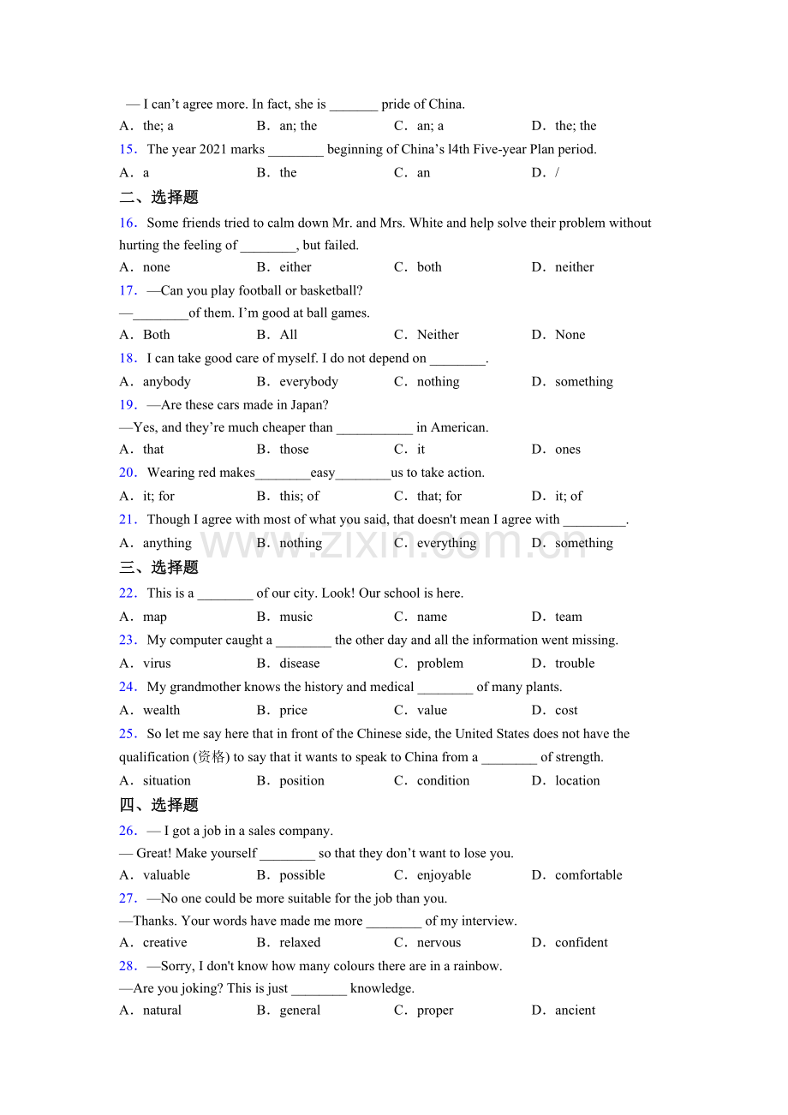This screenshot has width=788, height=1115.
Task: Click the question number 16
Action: coord(128,224)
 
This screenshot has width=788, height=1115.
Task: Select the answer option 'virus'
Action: coord(157,664)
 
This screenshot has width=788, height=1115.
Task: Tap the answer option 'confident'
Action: coord(581,943)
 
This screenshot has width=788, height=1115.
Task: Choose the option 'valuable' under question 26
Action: coord(166,875)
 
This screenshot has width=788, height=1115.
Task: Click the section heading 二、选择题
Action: coord(158,198)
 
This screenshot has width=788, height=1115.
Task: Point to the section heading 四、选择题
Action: coord(158,805)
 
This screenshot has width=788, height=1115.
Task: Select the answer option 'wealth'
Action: coord(161,711)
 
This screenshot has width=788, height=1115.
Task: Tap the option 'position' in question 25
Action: coord(301,781)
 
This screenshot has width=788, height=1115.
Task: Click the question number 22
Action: coord(128,593)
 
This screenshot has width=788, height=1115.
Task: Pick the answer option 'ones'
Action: coord(567,450)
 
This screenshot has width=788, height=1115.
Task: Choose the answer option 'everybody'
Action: coord(308,382)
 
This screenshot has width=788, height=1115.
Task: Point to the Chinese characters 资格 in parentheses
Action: coord(211,757)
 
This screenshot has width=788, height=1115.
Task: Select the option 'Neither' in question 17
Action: coord(438,335)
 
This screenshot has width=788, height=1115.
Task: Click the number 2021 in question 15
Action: coord(212,150)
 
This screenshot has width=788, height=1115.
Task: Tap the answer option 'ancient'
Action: coord(575,1011)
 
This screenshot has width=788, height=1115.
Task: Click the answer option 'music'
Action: coord(295,617)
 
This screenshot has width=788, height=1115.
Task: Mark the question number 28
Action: coord(128,966)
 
